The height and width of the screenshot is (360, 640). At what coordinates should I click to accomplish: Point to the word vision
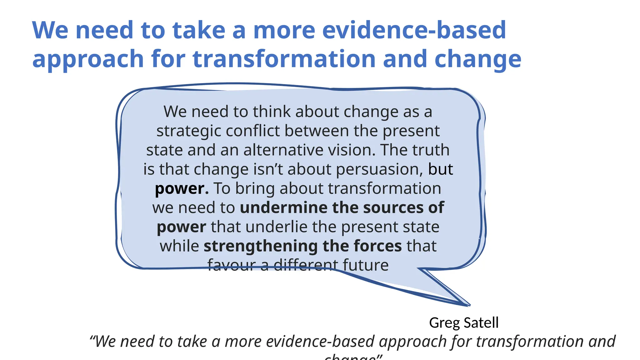[x=351, y=150]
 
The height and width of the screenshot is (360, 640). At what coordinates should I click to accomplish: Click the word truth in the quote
[x=431, y=150]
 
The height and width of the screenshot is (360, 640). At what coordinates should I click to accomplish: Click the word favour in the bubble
[x=232, y=265]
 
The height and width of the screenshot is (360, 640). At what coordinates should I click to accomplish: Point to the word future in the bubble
[x=366, y=265]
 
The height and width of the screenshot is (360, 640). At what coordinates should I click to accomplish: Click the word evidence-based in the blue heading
[x=414, y=30]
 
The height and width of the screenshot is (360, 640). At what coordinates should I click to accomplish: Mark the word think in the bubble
[x=272, y=112]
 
